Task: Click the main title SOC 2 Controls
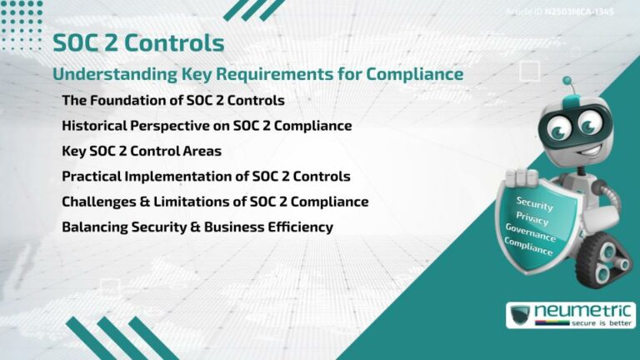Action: (138, 42)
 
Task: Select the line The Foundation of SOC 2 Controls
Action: (173, 101)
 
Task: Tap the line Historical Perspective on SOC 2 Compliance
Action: (207, 126)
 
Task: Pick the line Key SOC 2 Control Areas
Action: (141, 151)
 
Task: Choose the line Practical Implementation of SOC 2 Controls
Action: (206, 177)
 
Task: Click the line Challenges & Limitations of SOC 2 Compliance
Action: (215, 202)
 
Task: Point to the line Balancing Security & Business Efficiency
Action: (197, 227)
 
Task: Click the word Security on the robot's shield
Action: (535, 202)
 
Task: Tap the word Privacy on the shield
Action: (532, 219)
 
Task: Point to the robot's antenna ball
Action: (567, 82)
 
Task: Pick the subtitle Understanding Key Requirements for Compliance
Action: (257, 73)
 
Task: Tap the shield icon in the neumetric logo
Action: (522, 315)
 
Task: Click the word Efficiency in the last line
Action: (297, 227)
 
